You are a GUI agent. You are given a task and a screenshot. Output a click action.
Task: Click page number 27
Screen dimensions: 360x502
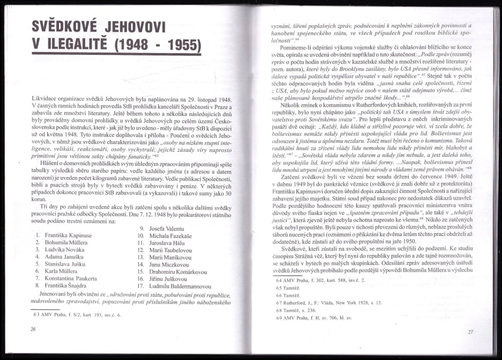[470, 332]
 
